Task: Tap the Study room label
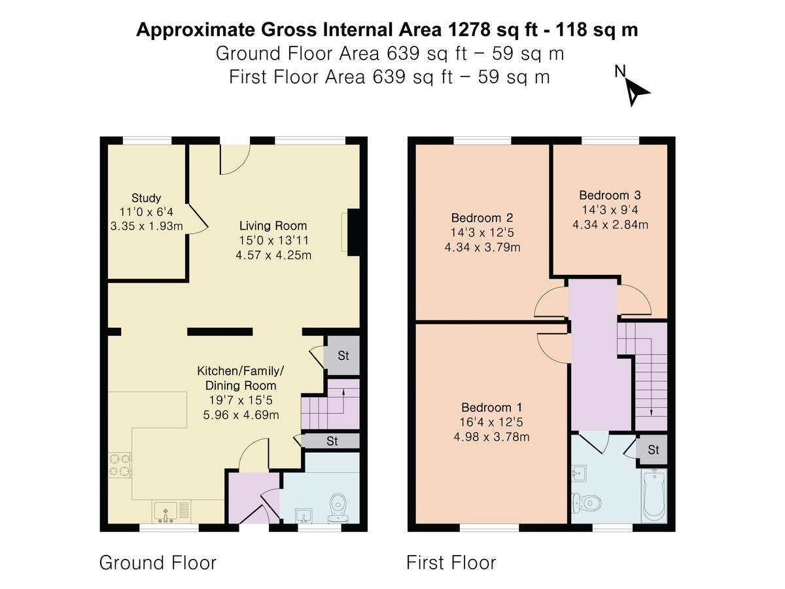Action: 146,198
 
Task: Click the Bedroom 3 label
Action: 610,195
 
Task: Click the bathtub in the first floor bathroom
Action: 654,495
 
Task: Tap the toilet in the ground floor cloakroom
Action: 338,507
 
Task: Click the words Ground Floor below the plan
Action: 158,562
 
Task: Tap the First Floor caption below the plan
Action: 451,562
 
